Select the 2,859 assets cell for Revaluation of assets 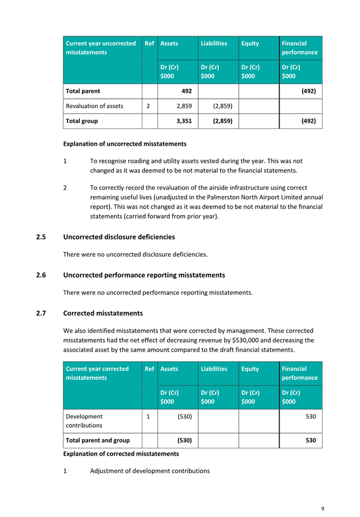184,106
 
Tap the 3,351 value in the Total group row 184,121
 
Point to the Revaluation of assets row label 94,106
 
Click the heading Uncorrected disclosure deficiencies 119,237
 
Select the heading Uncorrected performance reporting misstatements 144,275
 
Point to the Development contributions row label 84,421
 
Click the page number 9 323,509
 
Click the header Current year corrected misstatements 97,373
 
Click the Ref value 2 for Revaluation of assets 148,106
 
